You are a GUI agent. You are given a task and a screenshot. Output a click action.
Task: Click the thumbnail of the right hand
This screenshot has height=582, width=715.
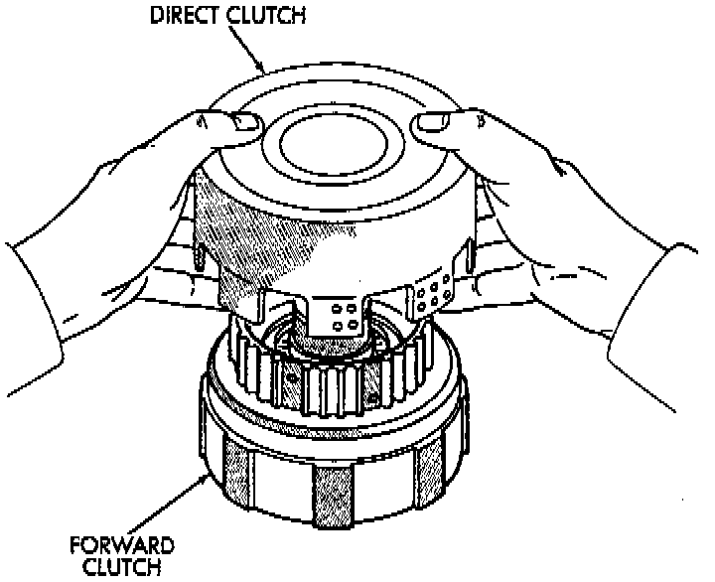(x=430, y=124)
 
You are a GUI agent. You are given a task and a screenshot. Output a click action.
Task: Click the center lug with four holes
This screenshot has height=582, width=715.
(x=344, y=318)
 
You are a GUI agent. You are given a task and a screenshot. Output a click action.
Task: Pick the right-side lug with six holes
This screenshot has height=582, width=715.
(x=435, y=290)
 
